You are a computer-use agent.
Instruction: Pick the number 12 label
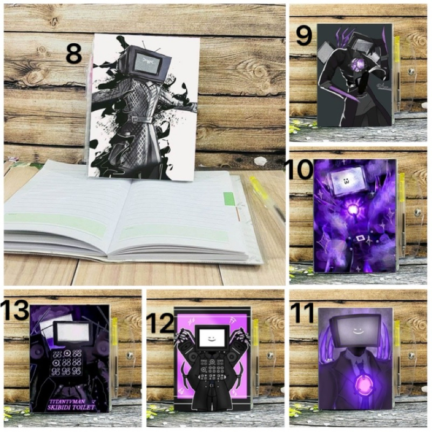160,324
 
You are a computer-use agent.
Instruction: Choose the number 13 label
15,310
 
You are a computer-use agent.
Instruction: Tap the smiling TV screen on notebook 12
208,337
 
